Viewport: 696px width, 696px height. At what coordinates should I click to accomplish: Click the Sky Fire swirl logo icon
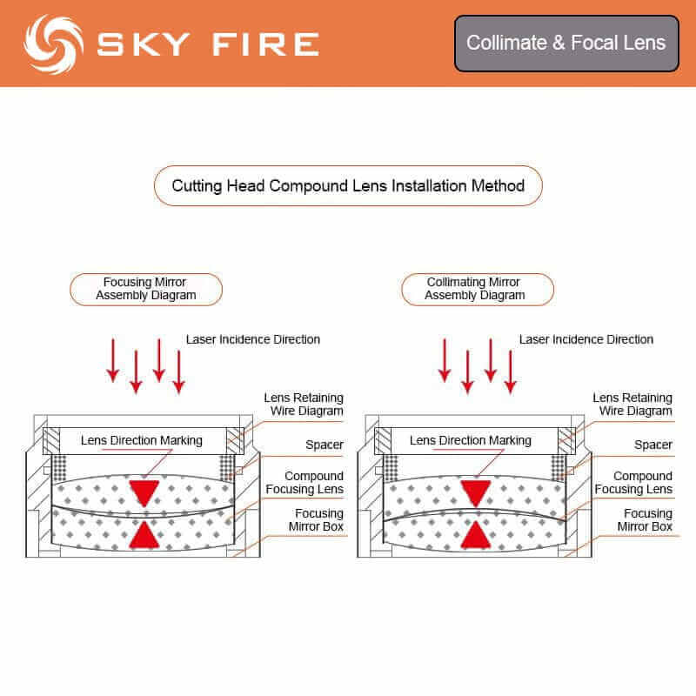click(53, 43)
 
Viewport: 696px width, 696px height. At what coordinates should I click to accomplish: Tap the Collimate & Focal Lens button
click(565, 43)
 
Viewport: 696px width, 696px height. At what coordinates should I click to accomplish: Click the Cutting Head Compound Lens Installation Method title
click(348, 185)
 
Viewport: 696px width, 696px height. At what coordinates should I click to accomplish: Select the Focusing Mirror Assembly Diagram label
click(145, 289)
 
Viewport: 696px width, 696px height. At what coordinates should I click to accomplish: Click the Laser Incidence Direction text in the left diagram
click(253, 339)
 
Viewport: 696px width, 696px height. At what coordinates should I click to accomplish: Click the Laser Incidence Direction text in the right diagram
click(586, 339)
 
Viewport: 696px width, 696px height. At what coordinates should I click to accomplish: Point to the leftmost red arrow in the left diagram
click(113, 361)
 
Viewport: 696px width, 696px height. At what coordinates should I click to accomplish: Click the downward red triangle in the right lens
click(475, 491)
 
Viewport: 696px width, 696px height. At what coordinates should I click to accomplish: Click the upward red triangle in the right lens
click(475, 534)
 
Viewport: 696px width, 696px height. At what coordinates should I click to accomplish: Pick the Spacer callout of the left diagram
click(324, 445)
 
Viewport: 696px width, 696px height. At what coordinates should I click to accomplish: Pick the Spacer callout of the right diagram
click(653, 445)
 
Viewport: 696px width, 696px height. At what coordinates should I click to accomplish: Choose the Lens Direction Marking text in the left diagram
click(141, 440)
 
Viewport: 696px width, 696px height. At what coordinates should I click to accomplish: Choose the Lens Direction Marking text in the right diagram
click(470, 440)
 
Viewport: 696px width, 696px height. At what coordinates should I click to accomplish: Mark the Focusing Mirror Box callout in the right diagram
click(645, 520)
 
